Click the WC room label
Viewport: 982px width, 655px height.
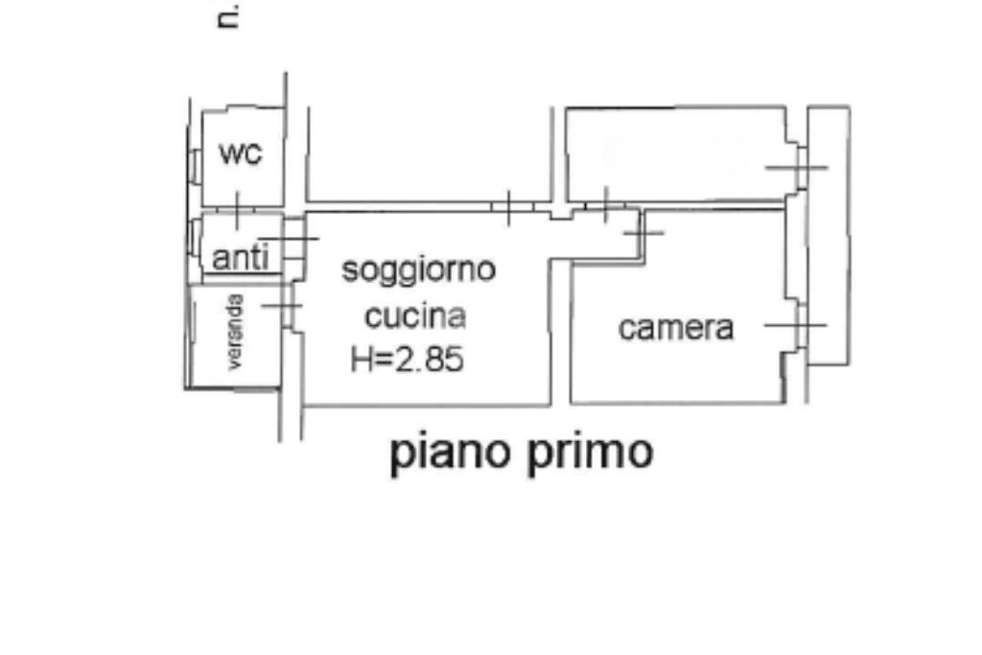240,153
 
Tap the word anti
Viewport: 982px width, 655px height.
241,257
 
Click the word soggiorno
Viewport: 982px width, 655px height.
419,269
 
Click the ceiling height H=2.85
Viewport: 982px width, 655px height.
407,359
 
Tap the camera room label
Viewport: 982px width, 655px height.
675,328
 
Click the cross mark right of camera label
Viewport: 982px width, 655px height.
796,325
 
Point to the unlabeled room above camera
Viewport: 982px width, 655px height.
676,153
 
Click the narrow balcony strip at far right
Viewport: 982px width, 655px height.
828,235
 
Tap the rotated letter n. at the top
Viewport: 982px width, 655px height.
227,18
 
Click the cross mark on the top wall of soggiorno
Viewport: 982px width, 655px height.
508,205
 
